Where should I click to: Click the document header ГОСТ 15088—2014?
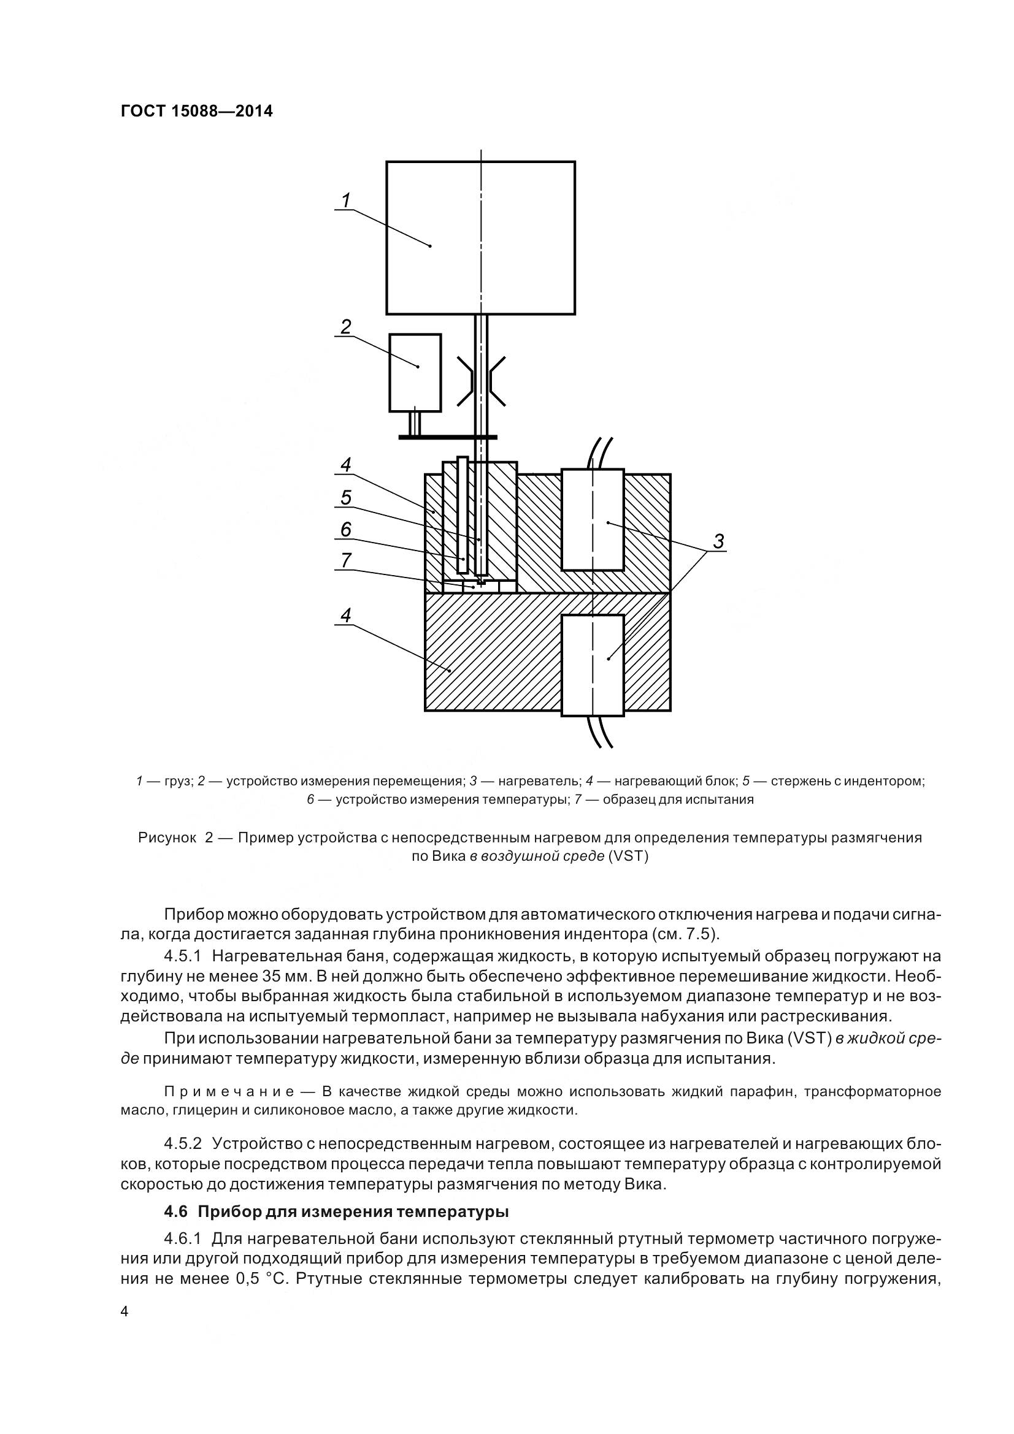point(196,111)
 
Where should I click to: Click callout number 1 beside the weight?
point(345,200)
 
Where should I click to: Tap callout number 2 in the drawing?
point(345,326)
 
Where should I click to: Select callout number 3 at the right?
point(718,541)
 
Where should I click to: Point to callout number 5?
point(345,498)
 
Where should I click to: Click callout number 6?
point(345,530)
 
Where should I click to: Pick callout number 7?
point(345,560)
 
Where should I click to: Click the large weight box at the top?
point(480,237)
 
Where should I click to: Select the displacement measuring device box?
point(415,373)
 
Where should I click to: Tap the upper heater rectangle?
point(593,520)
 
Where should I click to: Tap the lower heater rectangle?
point(593,665)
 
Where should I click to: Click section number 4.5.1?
point(182,956)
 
